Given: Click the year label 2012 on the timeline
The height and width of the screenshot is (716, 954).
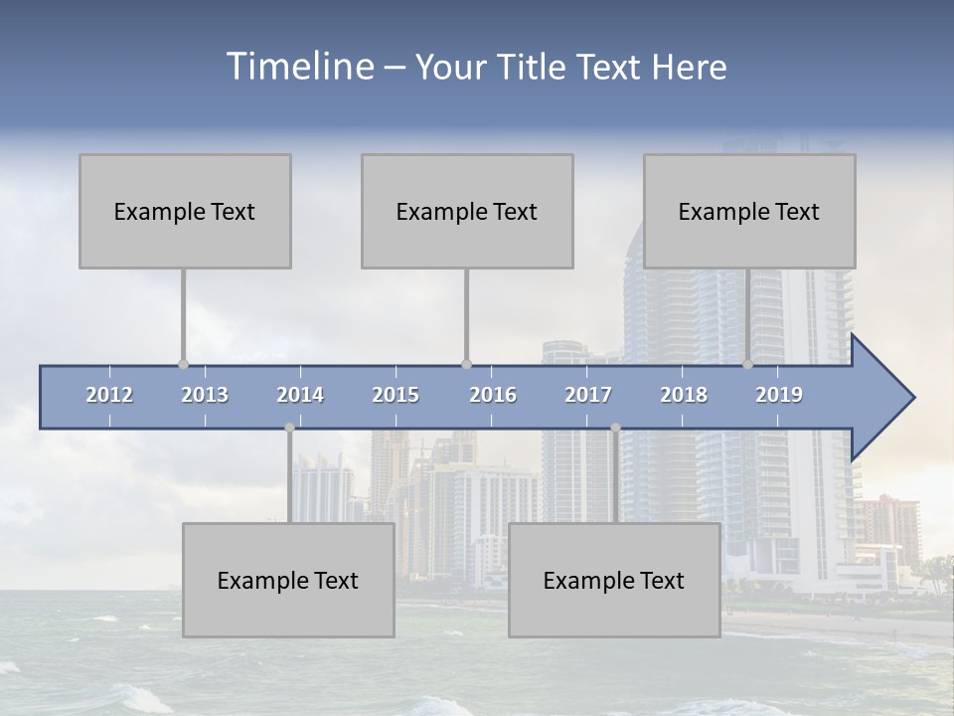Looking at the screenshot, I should pyautogui.click(x=109, y=395).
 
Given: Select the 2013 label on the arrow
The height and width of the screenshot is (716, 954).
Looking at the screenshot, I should pyautogui.click(x=205, y=395).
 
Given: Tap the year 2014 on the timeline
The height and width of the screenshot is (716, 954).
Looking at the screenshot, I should pyautogui.click(x=300, y=395).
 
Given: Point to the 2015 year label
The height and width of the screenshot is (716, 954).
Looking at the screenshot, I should pyautogui.click(x=396, y=395).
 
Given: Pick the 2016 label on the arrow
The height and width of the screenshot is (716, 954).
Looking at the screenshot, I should pyautogui.click(x=493, y=395).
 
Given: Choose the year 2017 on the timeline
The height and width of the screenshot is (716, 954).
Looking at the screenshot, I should pyautogui.click(x=588, y=395).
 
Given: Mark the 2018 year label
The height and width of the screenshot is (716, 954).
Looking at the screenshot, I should pyautogui.click(x=684, y=395).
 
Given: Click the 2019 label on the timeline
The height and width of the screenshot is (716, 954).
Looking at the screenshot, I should pyautogui.click(x=779, y=395).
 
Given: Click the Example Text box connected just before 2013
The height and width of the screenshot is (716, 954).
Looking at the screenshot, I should pyautogui.click(x=185, y=211).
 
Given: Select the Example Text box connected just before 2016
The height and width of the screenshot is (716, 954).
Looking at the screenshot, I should pyautogui.click(x=467, y=211).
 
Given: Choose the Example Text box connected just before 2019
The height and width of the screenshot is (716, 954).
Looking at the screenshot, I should pyautogui.click(x=749, y=211).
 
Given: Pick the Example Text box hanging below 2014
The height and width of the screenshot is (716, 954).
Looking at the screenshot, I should pyautogui.click(x=288, y=580).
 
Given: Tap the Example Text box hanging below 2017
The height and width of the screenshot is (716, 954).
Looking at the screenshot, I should pyautogui.click(x=614, y=580).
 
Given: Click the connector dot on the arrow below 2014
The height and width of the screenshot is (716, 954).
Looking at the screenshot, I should pyautogui.click(x=289, y=428).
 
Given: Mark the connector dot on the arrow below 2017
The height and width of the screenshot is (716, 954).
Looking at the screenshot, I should pyautogui.click(x=615, y=428).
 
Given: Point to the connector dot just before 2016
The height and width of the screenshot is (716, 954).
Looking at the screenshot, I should pyautogui.click(x=466, y=365).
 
